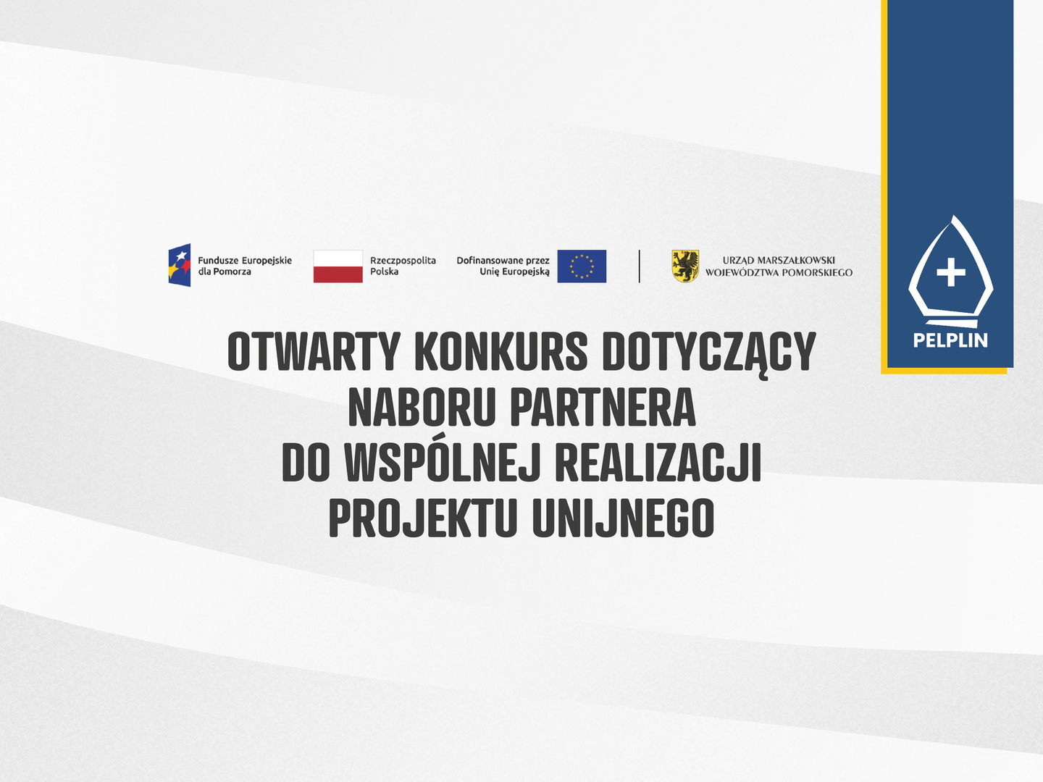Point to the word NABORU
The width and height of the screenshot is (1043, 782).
point(422,407)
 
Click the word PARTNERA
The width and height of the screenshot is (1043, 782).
point(603,407)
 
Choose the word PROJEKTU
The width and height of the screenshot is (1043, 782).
point(422,518)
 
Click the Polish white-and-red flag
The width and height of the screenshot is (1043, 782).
point(338,266)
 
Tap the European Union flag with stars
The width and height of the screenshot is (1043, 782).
point(582,266)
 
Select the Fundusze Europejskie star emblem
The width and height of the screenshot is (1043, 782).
point(180,265)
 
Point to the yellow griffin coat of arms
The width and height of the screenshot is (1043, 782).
point(685,266)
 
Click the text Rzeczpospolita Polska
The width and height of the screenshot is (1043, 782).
point(403,266)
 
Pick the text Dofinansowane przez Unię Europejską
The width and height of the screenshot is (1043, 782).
point(503,266)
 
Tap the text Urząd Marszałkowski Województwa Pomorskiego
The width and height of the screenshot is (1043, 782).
point(779,266)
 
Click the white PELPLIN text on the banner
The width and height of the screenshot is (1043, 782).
point(950,340)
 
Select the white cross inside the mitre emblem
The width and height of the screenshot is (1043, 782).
point(951,272)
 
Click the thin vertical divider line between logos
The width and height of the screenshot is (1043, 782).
point(639,266)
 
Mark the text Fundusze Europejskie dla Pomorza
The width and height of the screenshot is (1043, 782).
point(245,266)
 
